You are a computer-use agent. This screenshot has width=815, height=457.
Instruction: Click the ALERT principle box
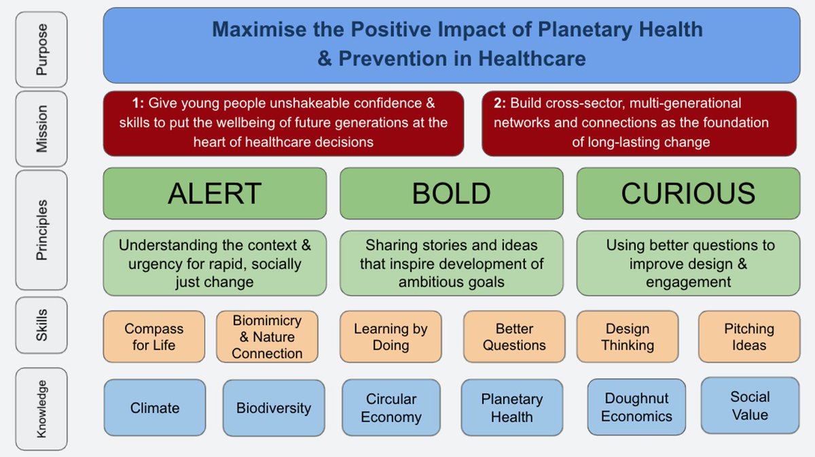(215, 193)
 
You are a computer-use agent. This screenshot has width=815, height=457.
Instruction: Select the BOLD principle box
(451, 193)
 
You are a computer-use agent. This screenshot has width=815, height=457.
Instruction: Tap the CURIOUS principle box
(688, 193)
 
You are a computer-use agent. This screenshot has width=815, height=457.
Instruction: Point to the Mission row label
(41, 128)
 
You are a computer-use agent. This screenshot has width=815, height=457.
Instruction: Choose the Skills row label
(41, 325)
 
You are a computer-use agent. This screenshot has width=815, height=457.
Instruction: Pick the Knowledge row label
(41, 408)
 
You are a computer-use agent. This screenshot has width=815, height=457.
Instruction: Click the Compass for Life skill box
(153, 337)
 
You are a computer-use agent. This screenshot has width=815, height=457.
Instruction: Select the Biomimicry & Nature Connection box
(267, 337)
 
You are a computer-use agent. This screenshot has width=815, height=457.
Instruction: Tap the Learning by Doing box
(391, 337)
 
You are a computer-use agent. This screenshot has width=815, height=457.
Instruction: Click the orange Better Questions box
(514, 337)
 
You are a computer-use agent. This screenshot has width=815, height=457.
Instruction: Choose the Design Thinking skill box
(627, 337)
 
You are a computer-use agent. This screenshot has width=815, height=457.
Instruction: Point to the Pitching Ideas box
(748, 337)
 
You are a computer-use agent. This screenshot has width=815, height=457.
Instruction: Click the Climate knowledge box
(155, 408)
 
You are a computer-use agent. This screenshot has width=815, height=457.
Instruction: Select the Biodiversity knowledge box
(274, 408)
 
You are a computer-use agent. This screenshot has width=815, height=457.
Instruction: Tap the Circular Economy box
(391, 408)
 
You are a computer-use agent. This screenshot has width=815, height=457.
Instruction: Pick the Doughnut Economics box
(636, 407)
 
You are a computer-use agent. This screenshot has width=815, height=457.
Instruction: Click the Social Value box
(750, 405)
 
